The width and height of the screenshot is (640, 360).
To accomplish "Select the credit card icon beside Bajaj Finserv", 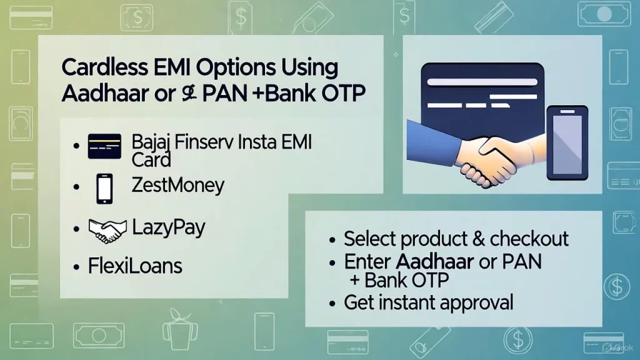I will pos(104,145).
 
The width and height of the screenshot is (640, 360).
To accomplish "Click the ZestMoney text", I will pos(177,186).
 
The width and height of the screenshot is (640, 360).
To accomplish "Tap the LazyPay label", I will pos(168,227).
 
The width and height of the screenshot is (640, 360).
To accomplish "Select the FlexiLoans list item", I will pos(135,267).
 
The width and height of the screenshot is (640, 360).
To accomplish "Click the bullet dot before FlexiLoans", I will pos(76,267).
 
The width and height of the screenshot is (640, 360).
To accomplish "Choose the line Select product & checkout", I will pos(456,239).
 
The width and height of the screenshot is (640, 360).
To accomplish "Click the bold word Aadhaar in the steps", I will pos(434,261).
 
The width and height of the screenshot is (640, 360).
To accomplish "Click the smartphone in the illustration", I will pos(566,142).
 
